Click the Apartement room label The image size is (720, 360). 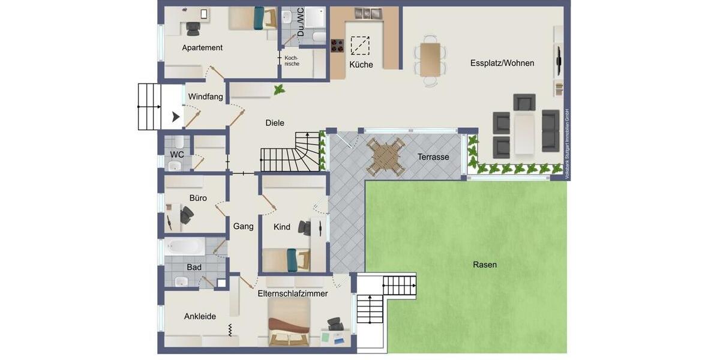point(202,47)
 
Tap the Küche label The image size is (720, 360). point(361,65)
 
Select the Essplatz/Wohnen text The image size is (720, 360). point(502,63)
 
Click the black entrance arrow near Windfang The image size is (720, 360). point(176,116)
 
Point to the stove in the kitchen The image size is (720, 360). point(337,46)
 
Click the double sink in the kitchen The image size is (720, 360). point(368,13)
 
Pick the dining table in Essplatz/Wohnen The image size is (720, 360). point(430,59)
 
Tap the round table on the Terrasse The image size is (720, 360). point(386,157)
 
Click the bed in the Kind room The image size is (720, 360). point(286,260)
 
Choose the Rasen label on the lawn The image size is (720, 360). point(485,265)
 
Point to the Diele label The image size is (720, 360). point(275,123)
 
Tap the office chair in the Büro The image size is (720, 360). point(187,215)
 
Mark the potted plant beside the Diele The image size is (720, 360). point(279,90)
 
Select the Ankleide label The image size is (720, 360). point(200,316)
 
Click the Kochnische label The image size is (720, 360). point(292,61)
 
